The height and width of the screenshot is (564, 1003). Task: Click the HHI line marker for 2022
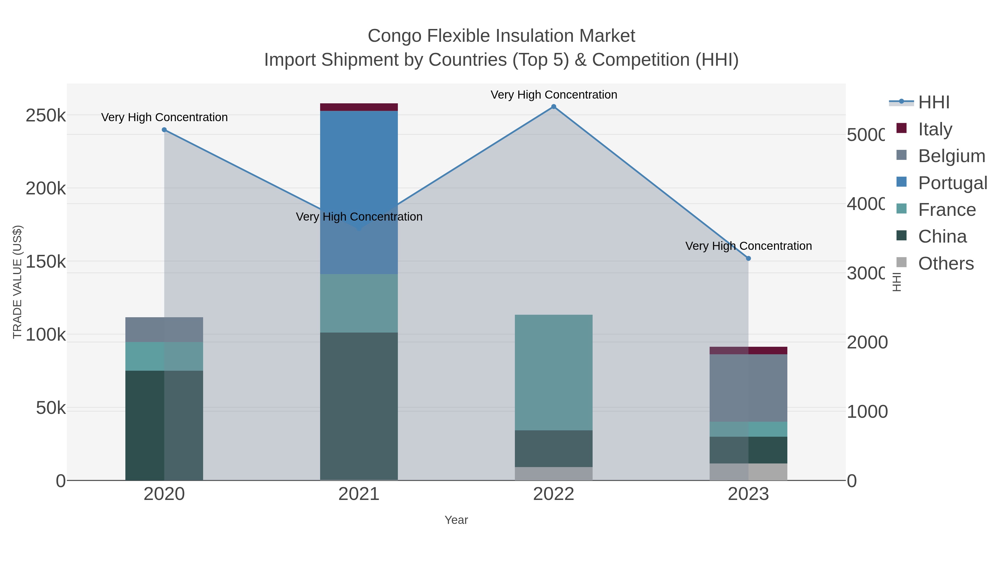[553, 107]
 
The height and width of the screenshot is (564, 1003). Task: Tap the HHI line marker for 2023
[748, 258]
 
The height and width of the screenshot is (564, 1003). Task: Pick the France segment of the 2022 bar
[553, 372]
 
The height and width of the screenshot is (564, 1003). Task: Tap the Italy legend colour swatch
[901, 128]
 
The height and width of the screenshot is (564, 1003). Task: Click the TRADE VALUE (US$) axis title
[18, 282]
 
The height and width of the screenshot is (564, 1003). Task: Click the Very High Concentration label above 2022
[553, 95]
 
